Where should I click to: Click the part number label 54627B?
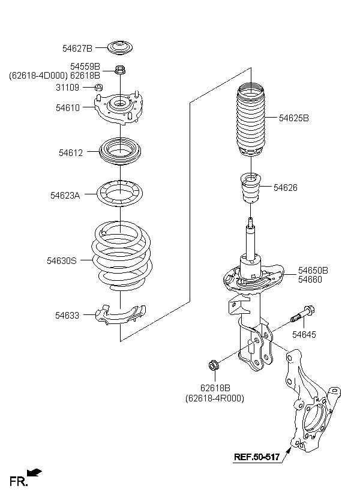pyautogui.click(x=77, y=49)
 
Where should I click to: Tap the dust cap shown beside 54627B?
pyautogui.click(x=120, y=48)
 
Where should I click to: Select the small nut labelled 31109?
pyautogui.click(x=99, y=87)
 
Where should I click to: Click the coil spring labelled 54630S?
pyautogui.click(x=122, y=256)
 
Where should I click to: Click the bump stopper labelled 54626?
pyautogui.click(x=251, y=188)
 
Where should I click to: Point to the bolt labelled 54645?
pyautogui.click(x=302, y=315)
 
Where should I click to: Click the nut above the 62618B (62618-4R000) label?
pyautogui.click(x=214, y=365)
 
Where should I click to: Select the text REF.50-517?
pyautogui.click(x=257, y=457)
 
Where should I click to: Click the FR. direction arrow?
pyautogui.click(x=34, y=472)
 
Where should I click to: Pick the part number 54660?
pyautogui.click(x=310, y=279)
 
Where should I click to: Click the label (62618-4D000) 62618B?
pyautogui.click(x=55, y=76)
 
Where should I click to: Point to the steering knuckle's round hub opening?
pyautogui.click(x=314, y=418)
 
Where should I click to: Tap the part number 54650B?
pyautogui.click(x=313, y=270)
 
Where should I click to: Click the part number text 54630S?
pyautogui.click(x=62, y=261)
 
